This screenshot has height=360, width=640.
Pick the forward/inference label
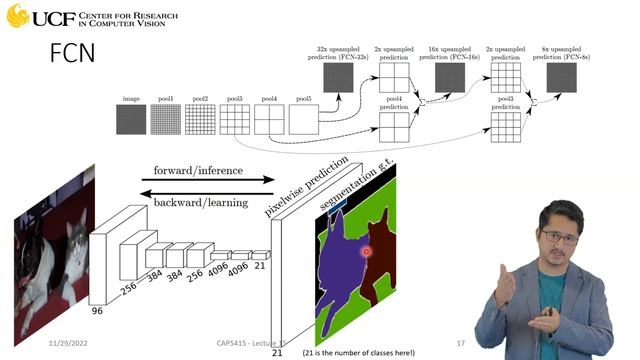198,170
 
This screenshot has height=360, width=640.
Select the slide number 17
461,342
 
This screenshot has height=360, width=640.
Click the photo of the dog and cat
52,250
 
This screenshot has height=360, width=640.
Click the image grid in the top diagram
131,120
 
